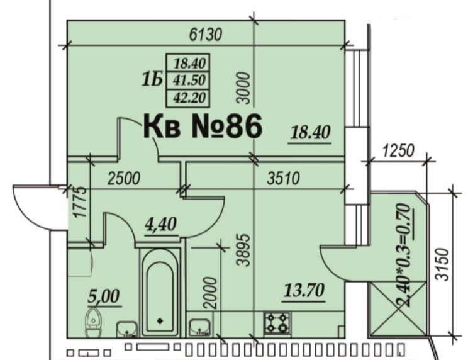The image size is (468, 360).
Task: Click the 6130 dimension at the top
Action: [206, 35]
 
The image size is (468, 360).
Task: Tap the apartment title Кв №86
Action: [203, 127]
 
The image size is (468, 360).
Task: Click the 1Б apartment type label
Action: [152, 80]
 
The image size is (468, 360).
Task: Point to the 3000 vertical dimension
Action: [243, 87]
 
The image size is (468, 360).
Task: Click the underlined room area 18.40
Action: [310, 132]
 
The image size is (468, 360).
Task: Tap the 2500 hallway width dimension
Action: [123, 179]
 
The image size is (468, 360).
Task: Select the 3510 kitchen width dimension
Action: [283, 179]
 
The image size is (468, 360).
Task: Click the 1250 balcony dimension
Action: [398, 150]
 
